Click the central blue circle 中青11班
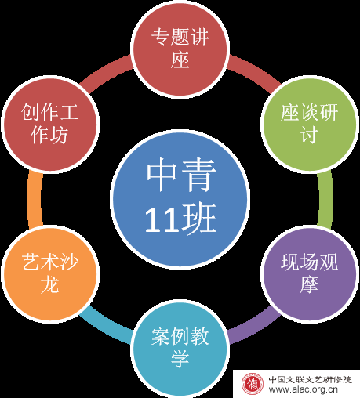click(180, 199)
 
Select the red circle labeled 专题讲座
click(180, 49)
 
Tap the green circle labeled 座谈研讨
click(310, 125)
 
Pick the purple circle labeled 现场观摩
click(310, 273)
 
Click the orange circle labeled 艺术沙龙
click(50, 273)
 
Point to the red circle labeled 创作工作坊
click(50, 125)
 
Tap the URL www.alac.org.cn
click(303, 389)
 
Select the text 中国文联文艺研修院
click(311, 379)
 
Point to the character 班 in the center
click(199, 219)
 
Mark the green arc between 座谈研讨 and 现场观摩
click(325, 199)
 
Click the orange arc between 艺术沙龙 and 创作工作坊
click(35, 199)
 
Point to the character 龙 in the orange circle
click(49, 284)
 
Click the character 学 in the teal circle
click(180, 358)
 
